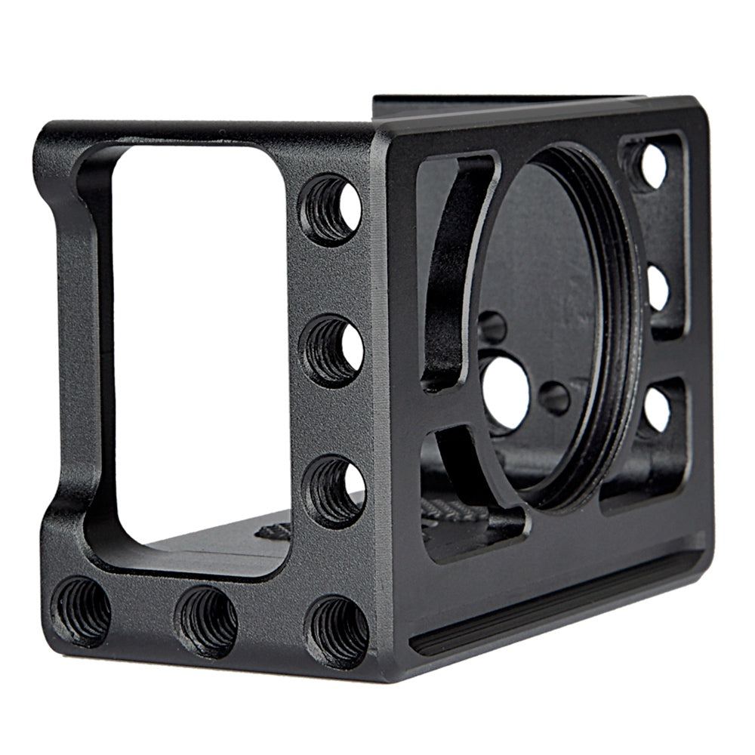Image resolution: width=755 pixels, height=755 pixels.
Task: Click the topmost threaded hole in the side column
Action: point(331,209)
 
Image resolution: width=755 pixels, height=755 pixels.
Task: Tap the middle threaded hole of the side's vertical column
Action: point(332,350)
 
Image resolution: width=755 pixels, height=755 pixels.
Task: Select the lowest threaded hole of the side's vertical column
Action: point(334,491)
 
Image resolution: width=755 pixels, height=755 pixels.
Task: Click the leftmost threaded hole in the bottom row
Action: point(82,610)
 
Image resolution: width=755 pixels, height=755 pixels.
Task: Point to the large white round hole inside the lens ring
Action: point(505,393)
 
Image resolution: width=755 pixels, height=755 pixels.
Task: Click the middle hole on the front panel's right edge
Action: point(658,288)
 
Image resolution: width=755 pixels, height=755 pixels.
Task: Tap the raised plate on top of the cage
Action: point(506,106)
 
